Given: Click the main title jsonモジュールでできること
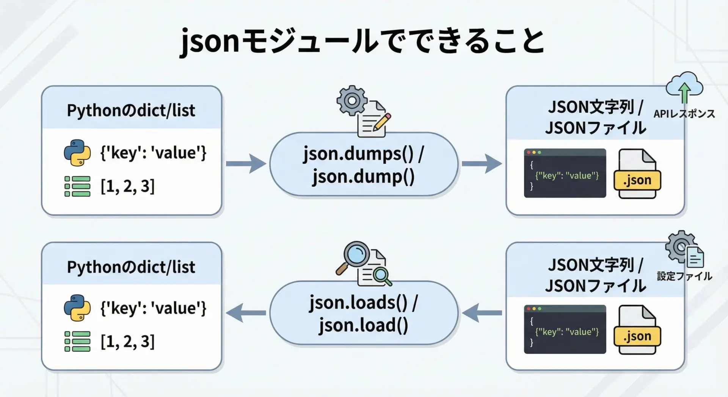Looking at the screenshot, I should point(362,41).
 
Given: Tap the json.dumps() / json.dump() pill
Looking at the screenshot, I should point(363,165).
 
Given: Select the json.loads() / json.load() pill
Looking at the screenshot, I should point(363,313).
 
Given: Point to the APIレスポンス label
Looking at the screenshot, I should point(684,114).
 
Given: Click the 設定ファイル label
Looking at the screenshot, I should point(684,276).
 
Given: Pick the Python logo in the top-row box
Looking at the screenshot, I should point(77,153).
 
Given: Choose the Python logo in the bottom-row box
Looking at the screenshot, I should point(77,308).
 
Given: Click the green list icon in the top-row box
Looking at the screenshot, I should point(77,186).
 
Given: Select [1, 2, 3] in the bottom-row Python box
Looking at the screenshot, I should point(127,342).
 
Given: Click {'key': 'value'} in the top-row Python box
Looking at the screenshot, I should point(153,153).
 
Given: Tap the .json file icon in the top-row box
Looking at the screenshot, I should point(637,174).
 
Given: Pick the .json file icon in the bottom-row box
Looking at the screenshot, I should point(637,330).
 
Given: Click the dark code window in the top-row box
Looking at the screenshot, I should point(565,173).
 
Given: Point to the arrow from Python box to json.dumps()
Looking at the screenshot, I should point(246,164).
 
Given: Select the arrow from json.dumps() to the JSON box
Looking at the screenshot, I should point(482,164).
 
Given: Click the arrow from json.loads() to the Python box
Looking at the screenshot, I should point(246,313).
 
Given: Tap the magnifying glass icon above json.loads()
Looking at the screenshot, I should point(353,256).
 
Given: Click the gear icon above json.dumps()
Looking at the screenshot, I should point(352,100).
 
